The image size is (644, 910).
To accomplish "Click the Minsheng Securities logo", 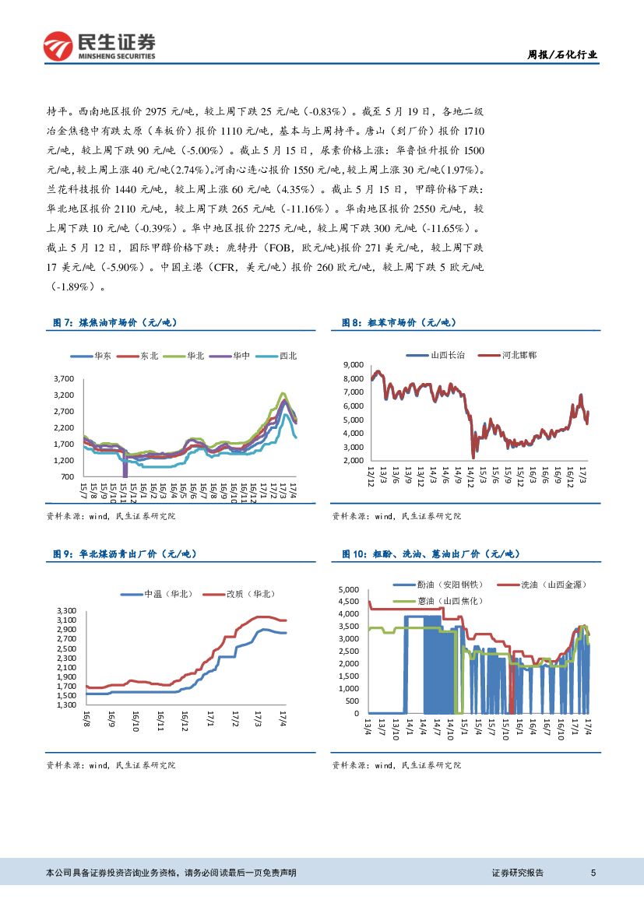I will point(98,46).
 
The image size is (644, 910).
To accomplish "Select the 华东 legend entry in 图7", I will point(93,356).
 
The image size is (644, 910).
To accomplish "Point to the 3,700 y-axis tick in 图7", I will point(63,378).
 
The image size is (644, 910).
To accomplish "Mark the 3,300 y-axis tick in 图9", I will point(67,610).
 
